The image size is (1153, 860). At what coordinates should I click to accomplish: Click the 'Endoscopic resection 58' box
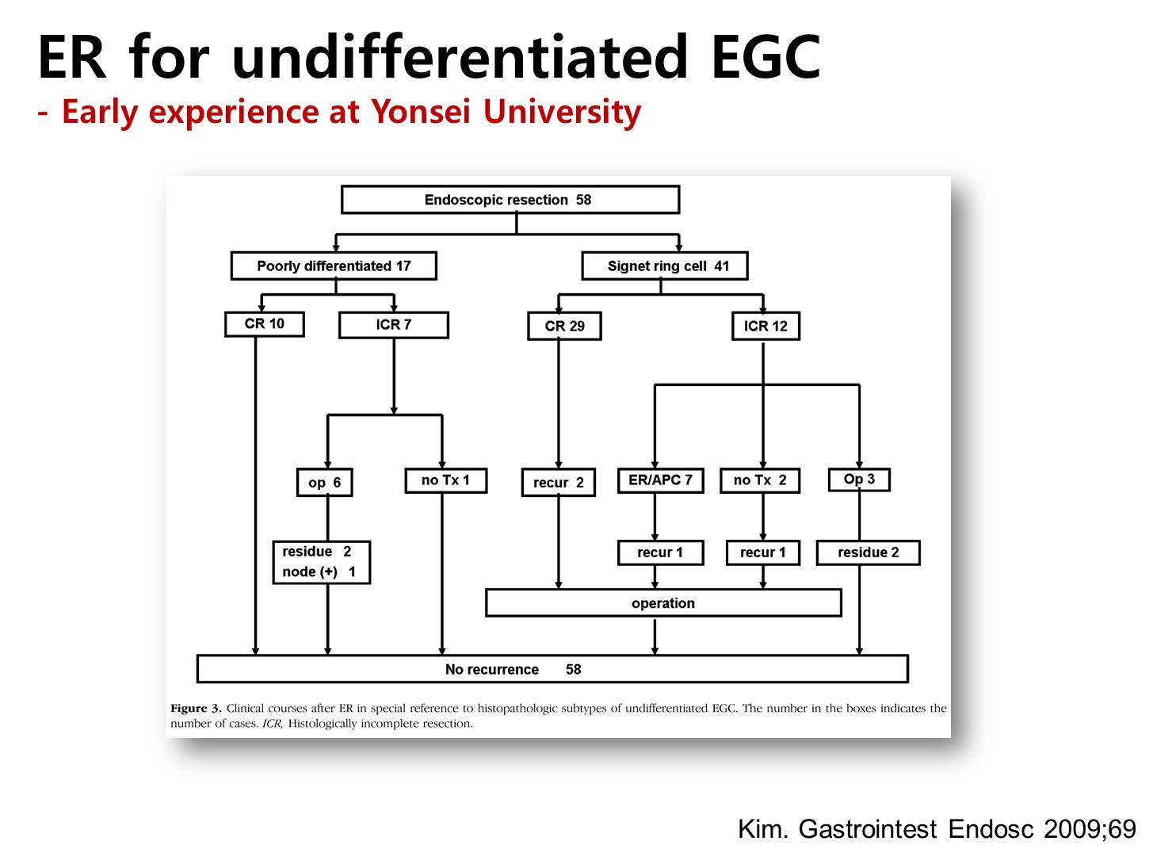click(x=510, y=200)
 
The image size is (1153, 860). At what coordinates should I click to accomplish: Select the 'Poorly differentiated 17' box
click(x=334, y=266)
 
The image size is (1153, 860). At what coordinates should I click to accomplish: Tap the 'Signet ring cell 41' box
click(x=665, y=266)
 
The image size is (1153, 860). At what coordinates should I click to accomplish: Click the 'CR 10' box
click(x=264, y=324)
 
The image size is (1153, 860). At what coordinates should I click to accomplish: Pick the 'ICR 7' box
click(x=393, y=325)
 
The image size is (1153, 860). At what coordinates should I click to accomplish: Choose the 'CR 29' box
click(x=564, y=327)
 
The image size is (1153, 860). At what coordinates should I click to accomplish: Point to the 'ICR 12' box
click(x=765, y=327)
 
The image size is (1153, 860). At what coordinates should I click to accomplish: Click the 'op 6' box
click(x=324, y=482)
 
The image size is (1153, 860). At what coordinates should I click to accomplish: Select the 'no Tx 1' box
click(x=445, y=480)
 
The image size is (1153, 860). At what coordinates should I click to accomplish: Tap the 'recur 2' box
click(x=558, y=482)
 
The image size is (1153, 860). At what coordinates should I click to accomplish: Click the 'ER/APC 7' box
click(x=660, y=480)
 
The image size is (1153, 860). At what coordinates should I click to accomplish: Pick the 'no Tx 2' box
click(x=760, y=480)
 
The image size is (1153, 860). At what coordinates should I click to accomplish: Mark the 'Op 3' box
click(x=859, y=479)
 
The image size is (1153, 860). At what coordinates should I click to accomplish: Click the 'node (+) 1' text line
click(x=319, y=571)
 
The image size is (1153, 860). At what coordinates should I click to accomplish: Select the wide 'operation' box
click(x=663, y=603)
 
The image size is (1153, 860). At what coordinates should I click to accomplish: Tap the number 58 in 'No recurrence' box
click(x=573, y=669)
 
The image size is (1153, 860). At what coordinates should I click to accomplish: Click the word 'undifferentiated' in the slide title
click(x=459, y=57)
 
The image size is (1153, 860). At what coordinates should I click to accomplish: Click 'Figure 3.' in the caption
click(x=196, y=708)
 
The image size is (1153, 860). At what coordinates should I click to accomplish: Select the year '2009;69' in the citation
click(x=1090, y=829)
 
